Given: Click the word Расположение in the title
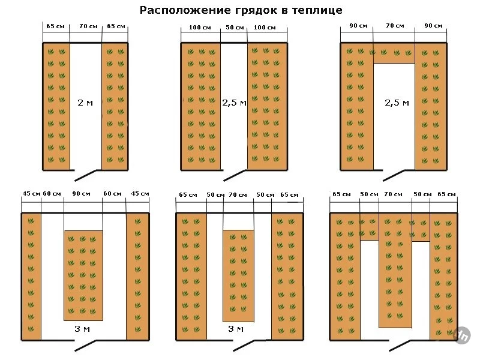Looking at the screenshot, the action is click(x=185, y=10).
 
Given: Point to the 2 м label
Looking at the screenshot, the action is click(x=85, y=103).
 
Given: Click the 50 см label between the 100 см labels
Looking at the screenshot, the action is click(x=235, y=27).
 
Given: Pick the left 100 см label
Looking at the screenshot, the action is click(x=200, y=27).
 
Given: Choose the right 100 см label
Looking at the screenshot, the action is click(x=265, y=27).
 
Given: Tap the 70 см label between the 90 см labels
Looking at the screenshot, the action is click(x=395, y=26).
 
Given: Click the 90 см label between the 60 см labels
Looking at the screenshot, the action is click(x=81, y=193).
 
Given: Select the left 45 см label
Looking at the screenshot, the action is click(x=31, y=193).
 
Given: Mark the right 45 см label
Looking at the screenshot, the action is click(x=140, y=193).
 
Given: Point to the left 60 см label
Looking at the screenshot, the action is click(x=52, y=193).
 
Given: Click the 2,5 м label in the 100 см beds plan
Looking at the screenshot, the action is click(x=234, y=103).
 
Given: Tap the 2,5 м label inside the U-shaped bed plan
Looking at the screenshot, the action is click(x=397, y=103).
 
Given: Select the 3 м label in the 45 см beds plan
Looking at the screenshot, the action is click(x=82, y=329).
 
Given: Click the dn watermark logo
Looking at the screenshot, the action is click(x=463, y=335).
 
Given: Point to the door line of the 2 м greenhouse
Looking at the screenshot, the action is click(x=85, y=175).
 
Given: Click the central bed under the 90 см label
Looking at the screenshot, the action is click(x=83, y=275).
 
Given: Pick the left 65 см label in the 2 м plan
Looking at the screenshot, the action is click(x=55, y=26).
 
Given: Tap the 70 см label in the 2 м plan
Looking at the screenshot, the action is click(x=88, y=26).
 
